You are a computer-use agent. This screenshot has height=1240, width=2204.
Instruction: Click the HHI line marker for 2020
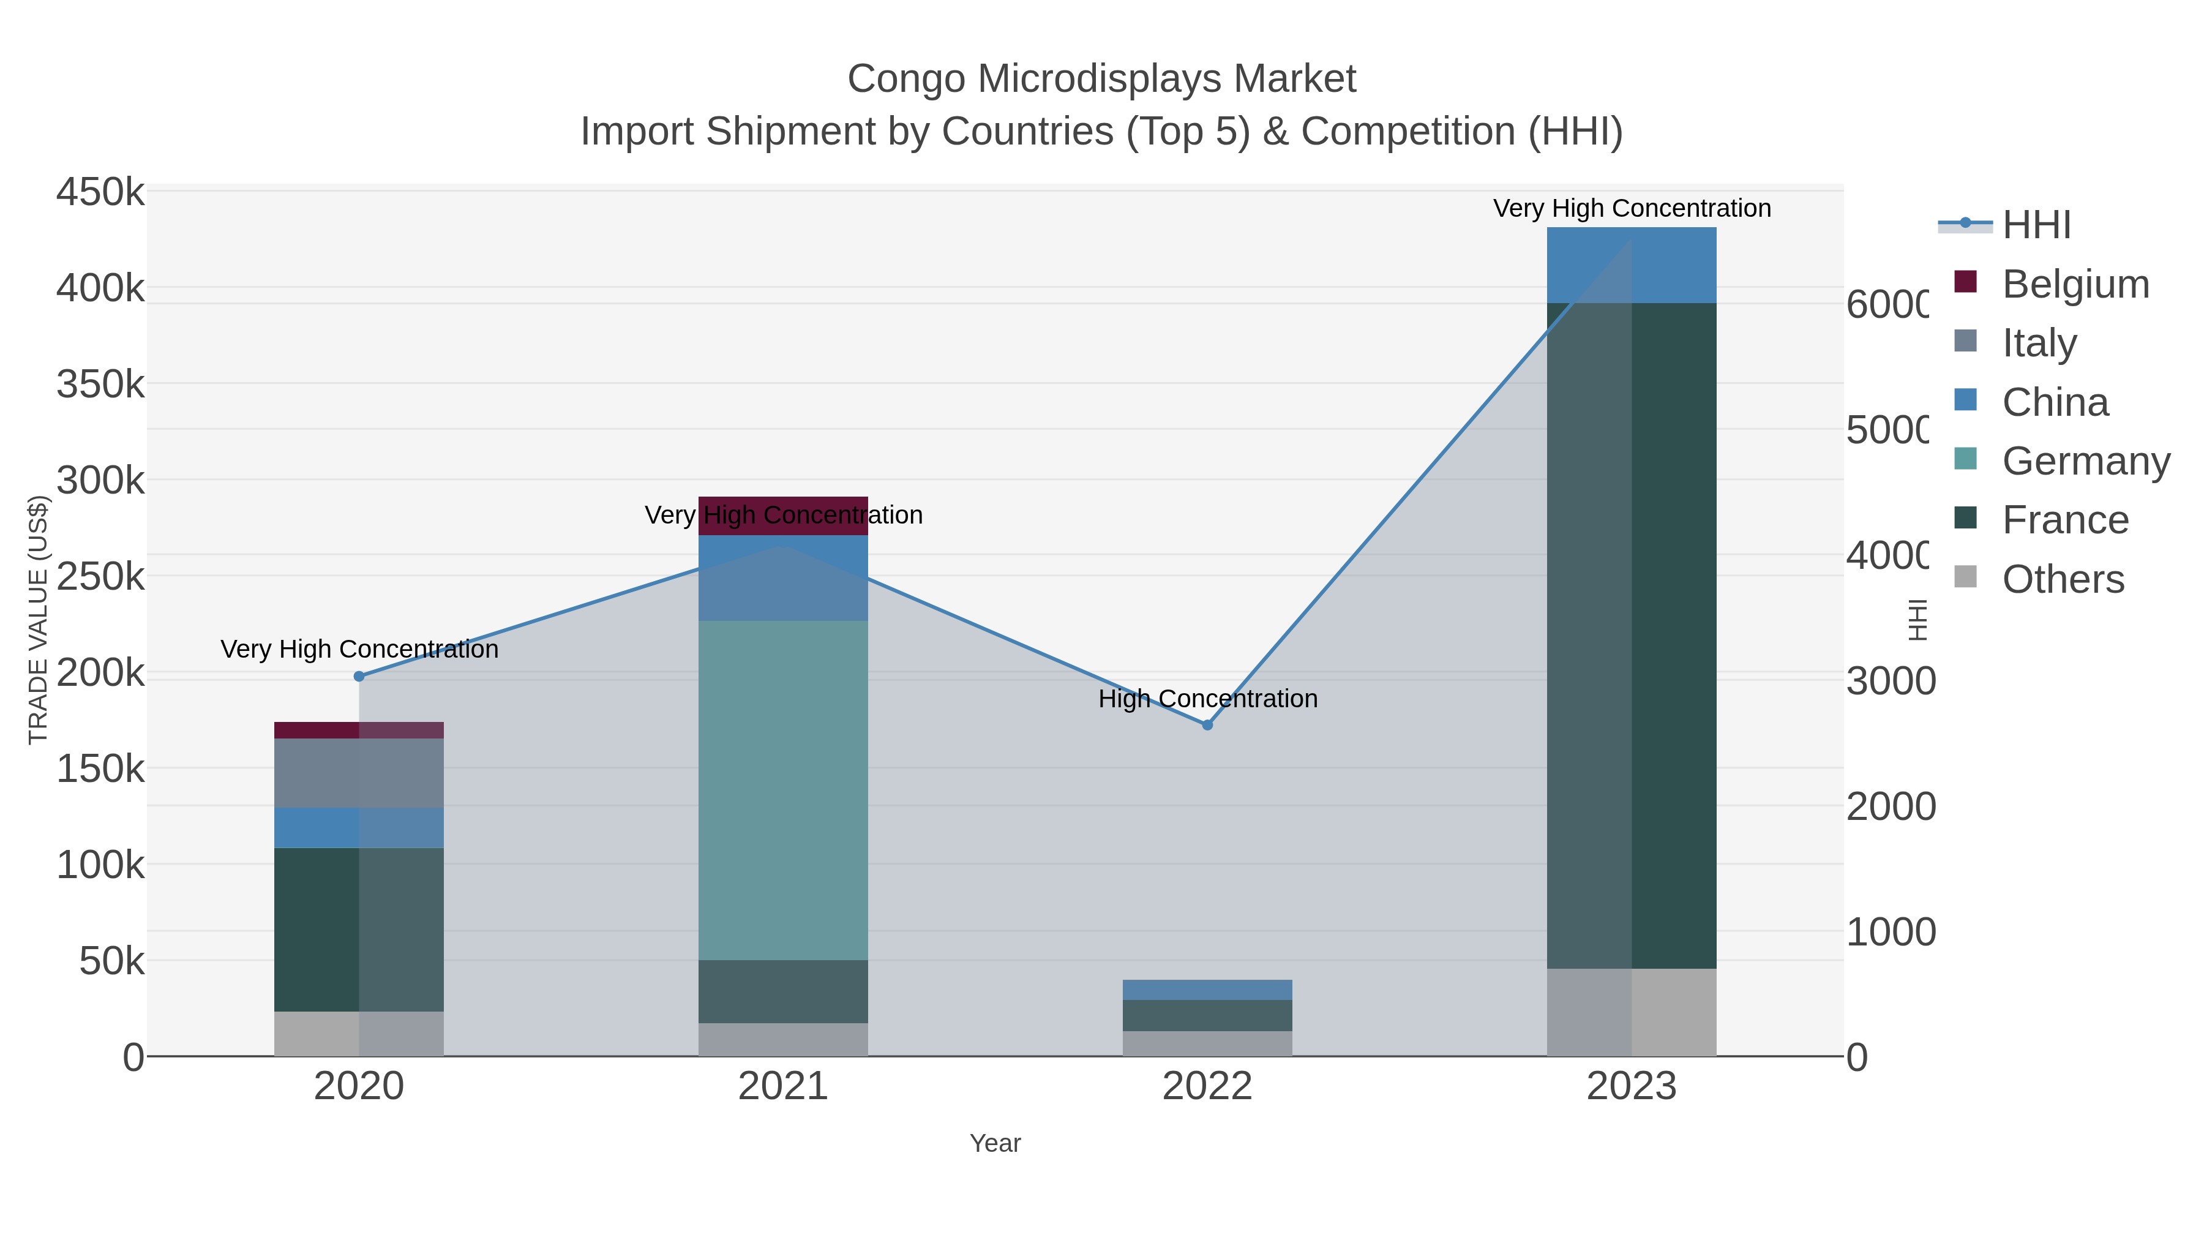click(359, 676)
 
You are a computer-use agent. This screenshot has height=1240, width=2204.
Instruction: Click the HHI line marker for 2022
click(1207, 725)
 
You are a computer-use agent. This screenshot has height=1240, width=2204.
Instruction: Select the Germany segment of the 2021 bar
click(783, 789)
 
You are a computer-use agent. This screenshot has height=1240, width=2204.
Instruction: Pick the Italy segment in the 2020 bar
click(359, 773)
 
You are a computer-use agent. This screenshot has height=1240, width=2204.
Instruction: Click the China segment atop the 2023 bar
click(1631, 265)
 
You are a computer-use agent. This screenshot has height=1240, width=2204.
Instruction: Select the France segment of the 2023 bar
click(1631, 635)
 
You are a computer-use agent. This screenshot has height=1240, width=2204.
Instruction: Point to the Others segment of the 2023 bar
click(1631, 1012)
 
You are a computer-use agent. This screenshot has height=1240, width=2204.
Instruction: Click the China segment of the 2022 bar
click(1207, 990)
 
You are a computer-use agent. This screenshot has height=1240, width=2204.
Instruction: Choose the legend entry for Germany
click(2085, 461)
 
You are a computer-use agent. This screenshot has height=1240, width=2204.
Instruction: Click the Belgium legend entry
click(2075, 284)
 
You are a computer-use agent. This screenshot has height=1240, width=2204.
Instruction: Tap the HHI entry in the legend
click(2036, 225)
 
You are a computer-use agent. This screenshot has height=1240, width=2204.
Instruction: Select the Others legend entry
click(2062, 579)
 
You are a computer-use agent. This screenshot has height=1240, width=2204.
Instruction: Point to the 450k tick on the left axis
click(100, 192)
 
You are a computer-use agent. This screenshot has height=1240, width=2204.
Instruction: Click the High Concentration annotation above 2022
click(1207, 699)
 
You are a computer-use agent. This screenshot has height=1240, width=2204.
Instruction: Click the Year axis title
click(995, 1143)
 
